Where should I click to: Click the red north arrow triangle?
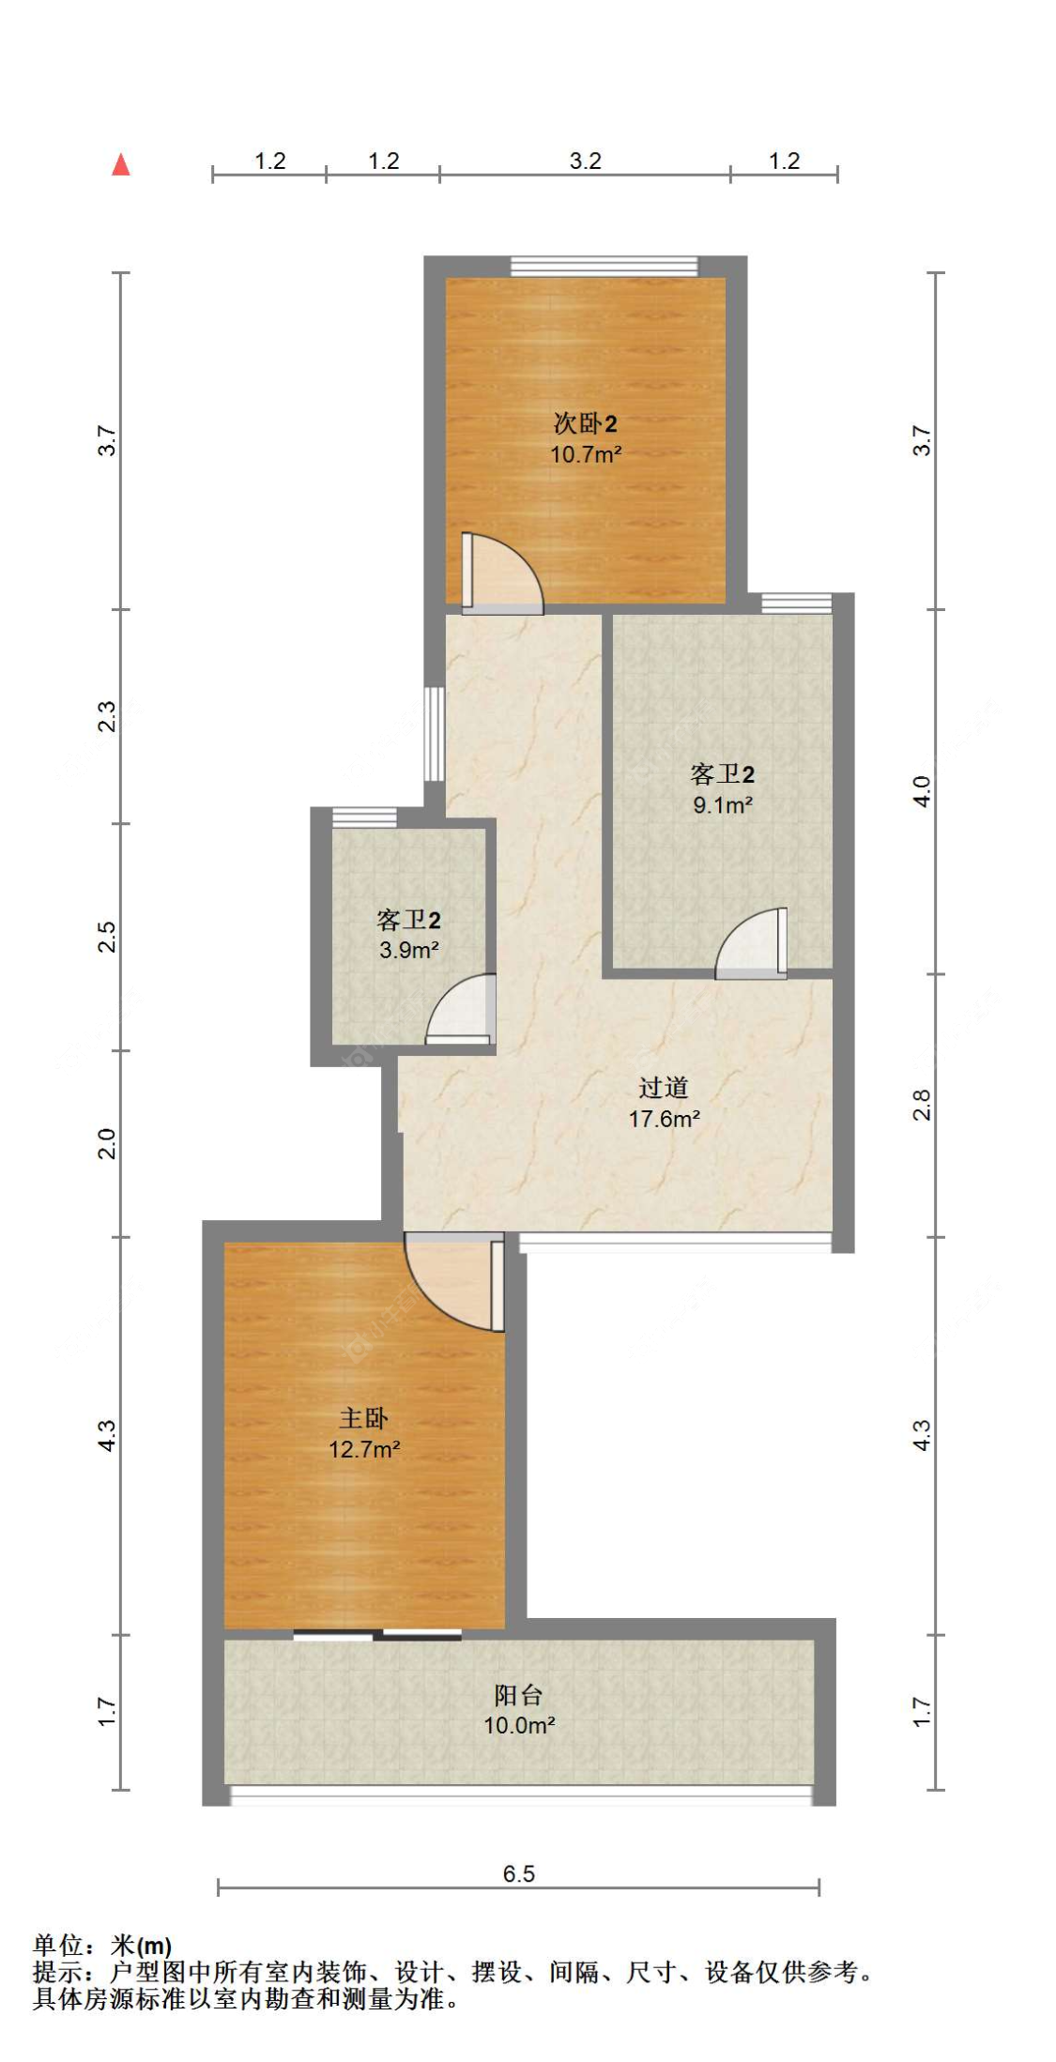pos(121,165)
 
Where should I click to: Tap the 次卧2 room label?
pos(585,424)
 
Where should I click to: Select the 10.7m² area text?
pos(585,455)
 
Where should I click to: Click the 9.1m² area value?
pos(722,805)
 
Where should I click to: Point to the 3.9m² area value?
pos(408,951)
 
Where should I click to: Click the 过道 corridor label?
pos(664,1088)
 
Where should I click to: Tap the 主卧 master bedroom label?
pos(363,1418)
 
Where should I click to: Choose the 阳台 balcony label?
pos(518,1695)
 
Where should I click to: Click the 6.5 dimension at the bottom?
pos(518,1874)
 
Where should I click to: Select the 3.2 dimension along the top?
pos(585,161)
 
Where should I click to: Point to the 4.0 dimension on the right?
pos(922,791)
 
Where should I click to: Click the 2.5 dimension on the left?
pos(107,938)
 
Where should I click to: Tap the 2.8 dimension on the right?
pos(922,1105)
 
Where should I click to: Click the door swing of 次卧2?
pos(502,574)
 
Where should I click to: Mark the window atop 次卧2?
pos(605,267)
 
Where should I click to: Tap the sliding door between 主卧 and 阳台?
pos(377,1635)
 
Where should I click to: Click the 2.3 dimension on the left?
pos(107,717)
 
